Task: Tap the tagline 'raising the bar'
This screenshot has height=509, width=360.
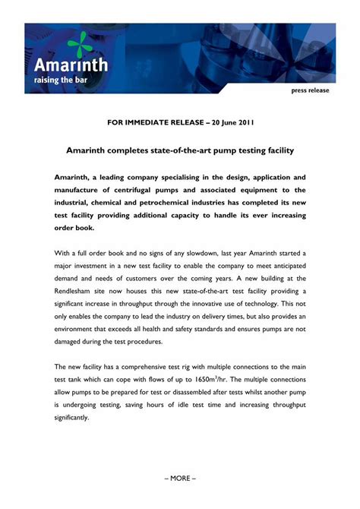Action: tap(65, 78)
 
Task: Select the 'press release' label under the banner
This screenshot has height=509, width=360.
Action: tap(310, 90)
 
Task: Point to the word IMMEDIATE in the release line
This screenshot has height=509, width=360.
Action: tap(156, 122)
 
